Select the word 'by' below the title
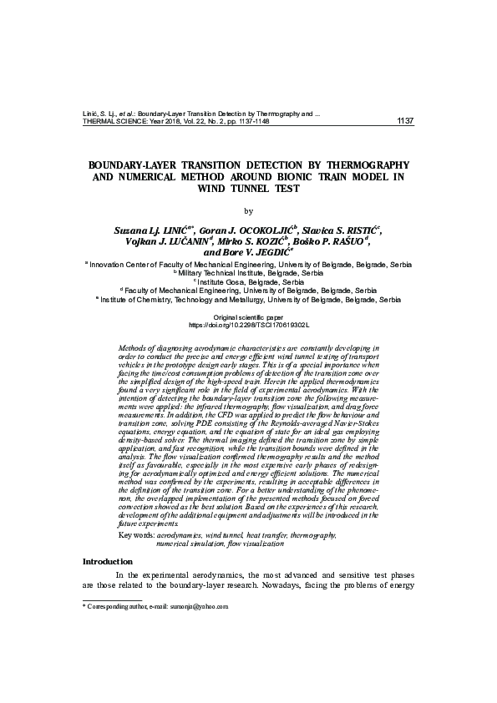[x=247, y=210]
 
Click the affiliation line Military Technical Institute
[x=249, y=272]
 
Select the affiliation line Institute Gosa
[x=249, y=281]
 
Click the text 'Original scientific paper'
[x=249, y=318]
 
